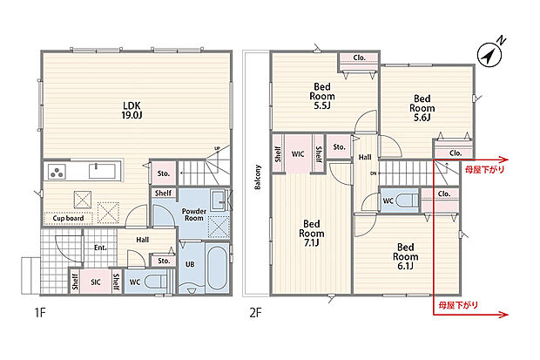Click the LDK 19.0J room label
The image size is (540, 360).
[x=132, y=111]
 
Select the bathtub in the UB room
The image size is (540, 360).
[x=218, y=268]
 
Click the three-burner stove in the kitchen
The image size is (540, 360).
[x=57, y=172]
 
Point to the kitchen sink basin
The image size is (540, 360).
[x=102, y=171]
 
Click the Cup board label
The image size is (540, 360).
[x=68, y=218]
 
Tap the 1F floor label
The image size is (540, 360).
[x=39, y=312]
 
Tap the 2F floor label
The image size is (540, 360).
[x=255, y=312]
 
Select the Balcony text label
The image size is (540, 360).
[x=258, y=177]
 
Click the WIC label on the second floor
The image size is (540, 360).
[x=298, y=153]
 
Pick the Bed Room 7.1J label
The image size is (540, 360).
[x=311, y=234]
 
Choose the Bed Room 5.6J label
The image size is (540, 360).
[x=422, y=108]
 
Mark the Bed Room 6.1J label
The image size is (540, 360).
[x=405, y=256]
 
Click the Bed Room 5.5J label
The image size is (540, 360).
[x=322, y=96]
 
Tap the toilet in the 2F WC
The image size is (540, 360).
[x=407, y=200]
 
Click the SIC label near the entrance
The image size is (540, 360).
[x=96, y=282]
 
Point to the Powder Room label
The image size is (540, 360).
[x=194, y=214]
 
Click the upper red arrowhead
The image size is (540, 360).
[x=504, y=160]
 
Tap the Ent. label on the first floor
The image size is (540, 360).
[x=100, y=248]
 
